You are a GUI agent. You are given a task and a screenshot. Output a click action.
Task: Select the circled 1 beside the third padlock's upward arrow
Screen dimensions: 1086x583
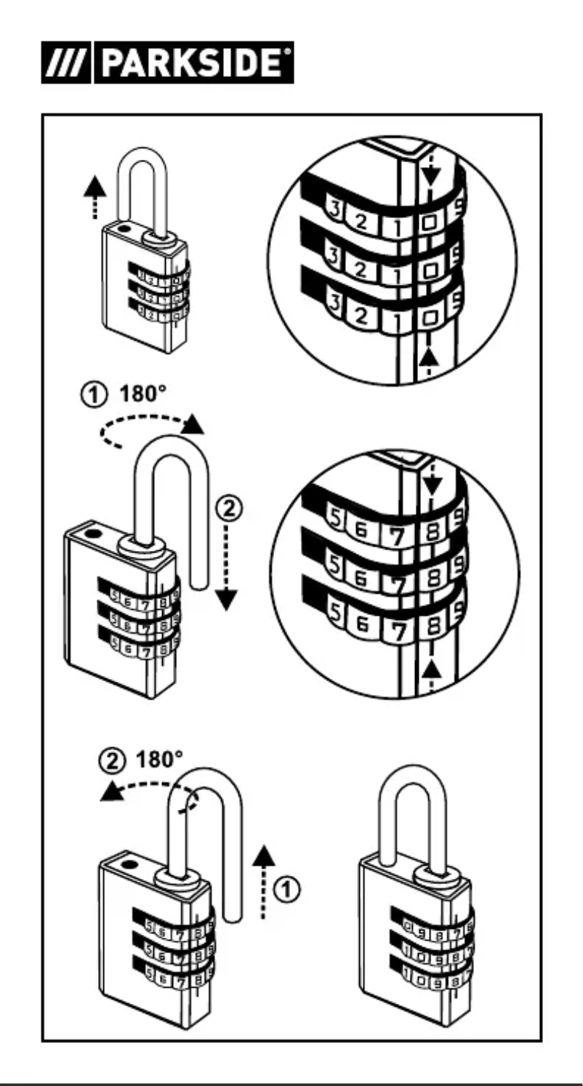tap(289, 888)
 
